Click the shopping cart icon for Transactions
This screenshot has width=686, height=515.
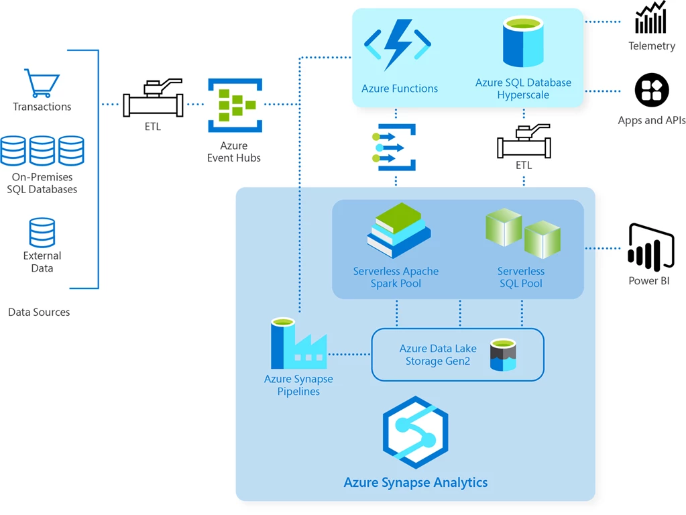(42, 83)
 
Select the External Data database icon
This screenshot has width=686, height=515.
(42, 233)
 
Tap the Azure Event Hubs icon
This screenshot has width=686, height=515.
(235, 105)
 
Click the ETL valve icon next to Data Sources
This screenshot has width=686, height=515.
(153, 99)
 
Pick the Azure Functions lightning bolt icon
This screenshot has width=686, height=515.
(398, 45)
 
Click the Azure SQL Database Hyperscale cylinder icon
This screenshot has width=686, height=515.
(523, 43)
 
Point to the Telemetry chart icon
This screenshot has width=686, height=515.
(651, 18)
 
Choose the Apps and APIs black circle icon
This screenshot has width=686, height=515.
(652, 90)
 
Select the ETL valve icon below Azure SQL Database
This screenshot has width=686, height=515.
(524, 141)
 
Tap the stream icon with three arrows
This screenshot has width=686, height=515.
(396, 147)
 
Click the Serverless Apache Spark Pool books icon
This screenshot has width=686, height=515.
(398, 231)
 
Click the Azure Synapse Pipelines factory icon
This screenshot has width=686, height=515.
(298, 343)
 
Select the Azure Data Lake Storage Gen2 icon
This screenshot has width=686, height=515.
(502, 355)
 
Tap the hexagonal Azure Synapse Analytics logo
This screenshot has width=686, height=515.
(415, 433)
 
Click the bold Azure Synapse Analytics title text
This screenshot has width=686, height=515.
(415, 482)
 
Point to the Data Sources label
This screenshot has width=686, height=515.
(39, 312)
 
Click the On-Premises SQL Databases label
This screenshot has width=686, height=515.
(42, 183)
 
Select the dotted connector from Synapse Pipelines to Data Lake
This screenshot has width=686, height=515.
(349, 354)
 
